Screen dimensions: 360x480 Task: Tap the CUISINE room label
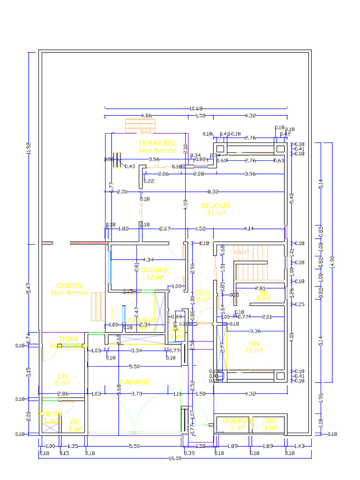pyautogui.click(x=155, y=270)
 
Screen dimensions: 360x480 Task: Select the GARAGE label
pyautogui.click(x=135, y=382)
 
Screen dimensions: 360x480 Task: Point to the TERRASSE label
pyautogui.click(x=157, y=143)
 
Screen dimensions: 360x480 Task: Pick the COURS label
pyautogui.click(x=69, y=285)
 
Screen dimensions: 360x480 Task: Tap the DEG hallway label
pyautogui.click(x=203, y=292)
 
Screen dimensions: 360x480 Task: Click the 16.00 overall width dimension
pyautogui.click(x=174, y=458)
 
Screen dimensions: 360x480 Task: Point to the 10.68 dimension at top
pyautogui.click(x=196, y=109)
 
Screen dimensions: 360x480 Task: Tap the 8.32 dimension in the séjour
pyautogui.click(x=213, y=191)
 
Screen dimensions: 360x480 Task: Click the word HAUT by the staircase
pyautogui.click(x=242, y=252)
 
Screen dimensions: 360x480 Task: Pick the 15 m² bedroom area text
pyautogui.click(x=254, y=351)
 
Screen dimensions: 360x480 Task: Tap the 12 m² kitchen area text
pyautogui.click(x=155, y=277)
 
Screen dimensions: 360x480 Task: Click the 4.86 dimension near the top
pyautogui.click(x=146, y=115)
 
